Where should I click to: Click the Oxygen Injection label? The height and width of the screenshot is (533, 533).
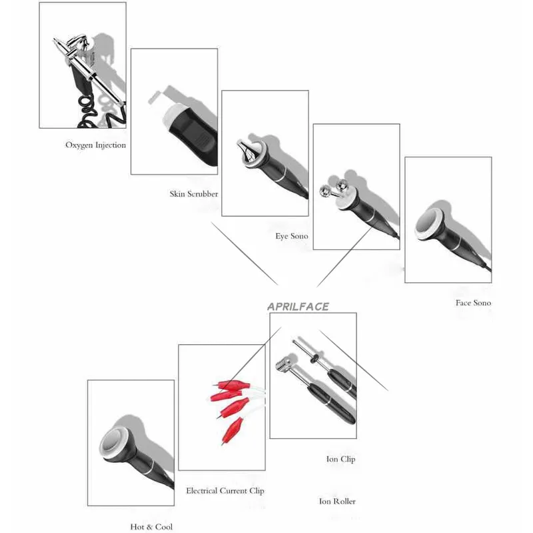pyautogui.click(x=95, y=145)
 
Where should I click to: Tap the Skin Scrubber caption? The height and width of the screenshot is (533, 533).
pyautogui.click(x=194, y=194)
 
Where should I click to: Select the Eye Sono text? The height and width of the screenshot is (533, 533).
pyautogui.click(x=292, y=236)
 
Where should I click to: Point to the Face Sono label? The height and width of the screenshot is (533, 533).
pyautogui.click(x=473, y=303)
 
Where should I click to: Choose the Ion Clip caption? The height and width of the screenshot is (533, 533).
pyautogui.click(x=340, y=459)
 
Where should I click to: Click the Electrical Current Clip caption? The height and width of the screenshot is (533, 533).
pyautogui.click(x=225, y=491)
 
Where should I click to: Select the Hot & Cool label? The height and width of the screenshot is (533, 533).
pyautogui.click(x=151, y=527)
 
